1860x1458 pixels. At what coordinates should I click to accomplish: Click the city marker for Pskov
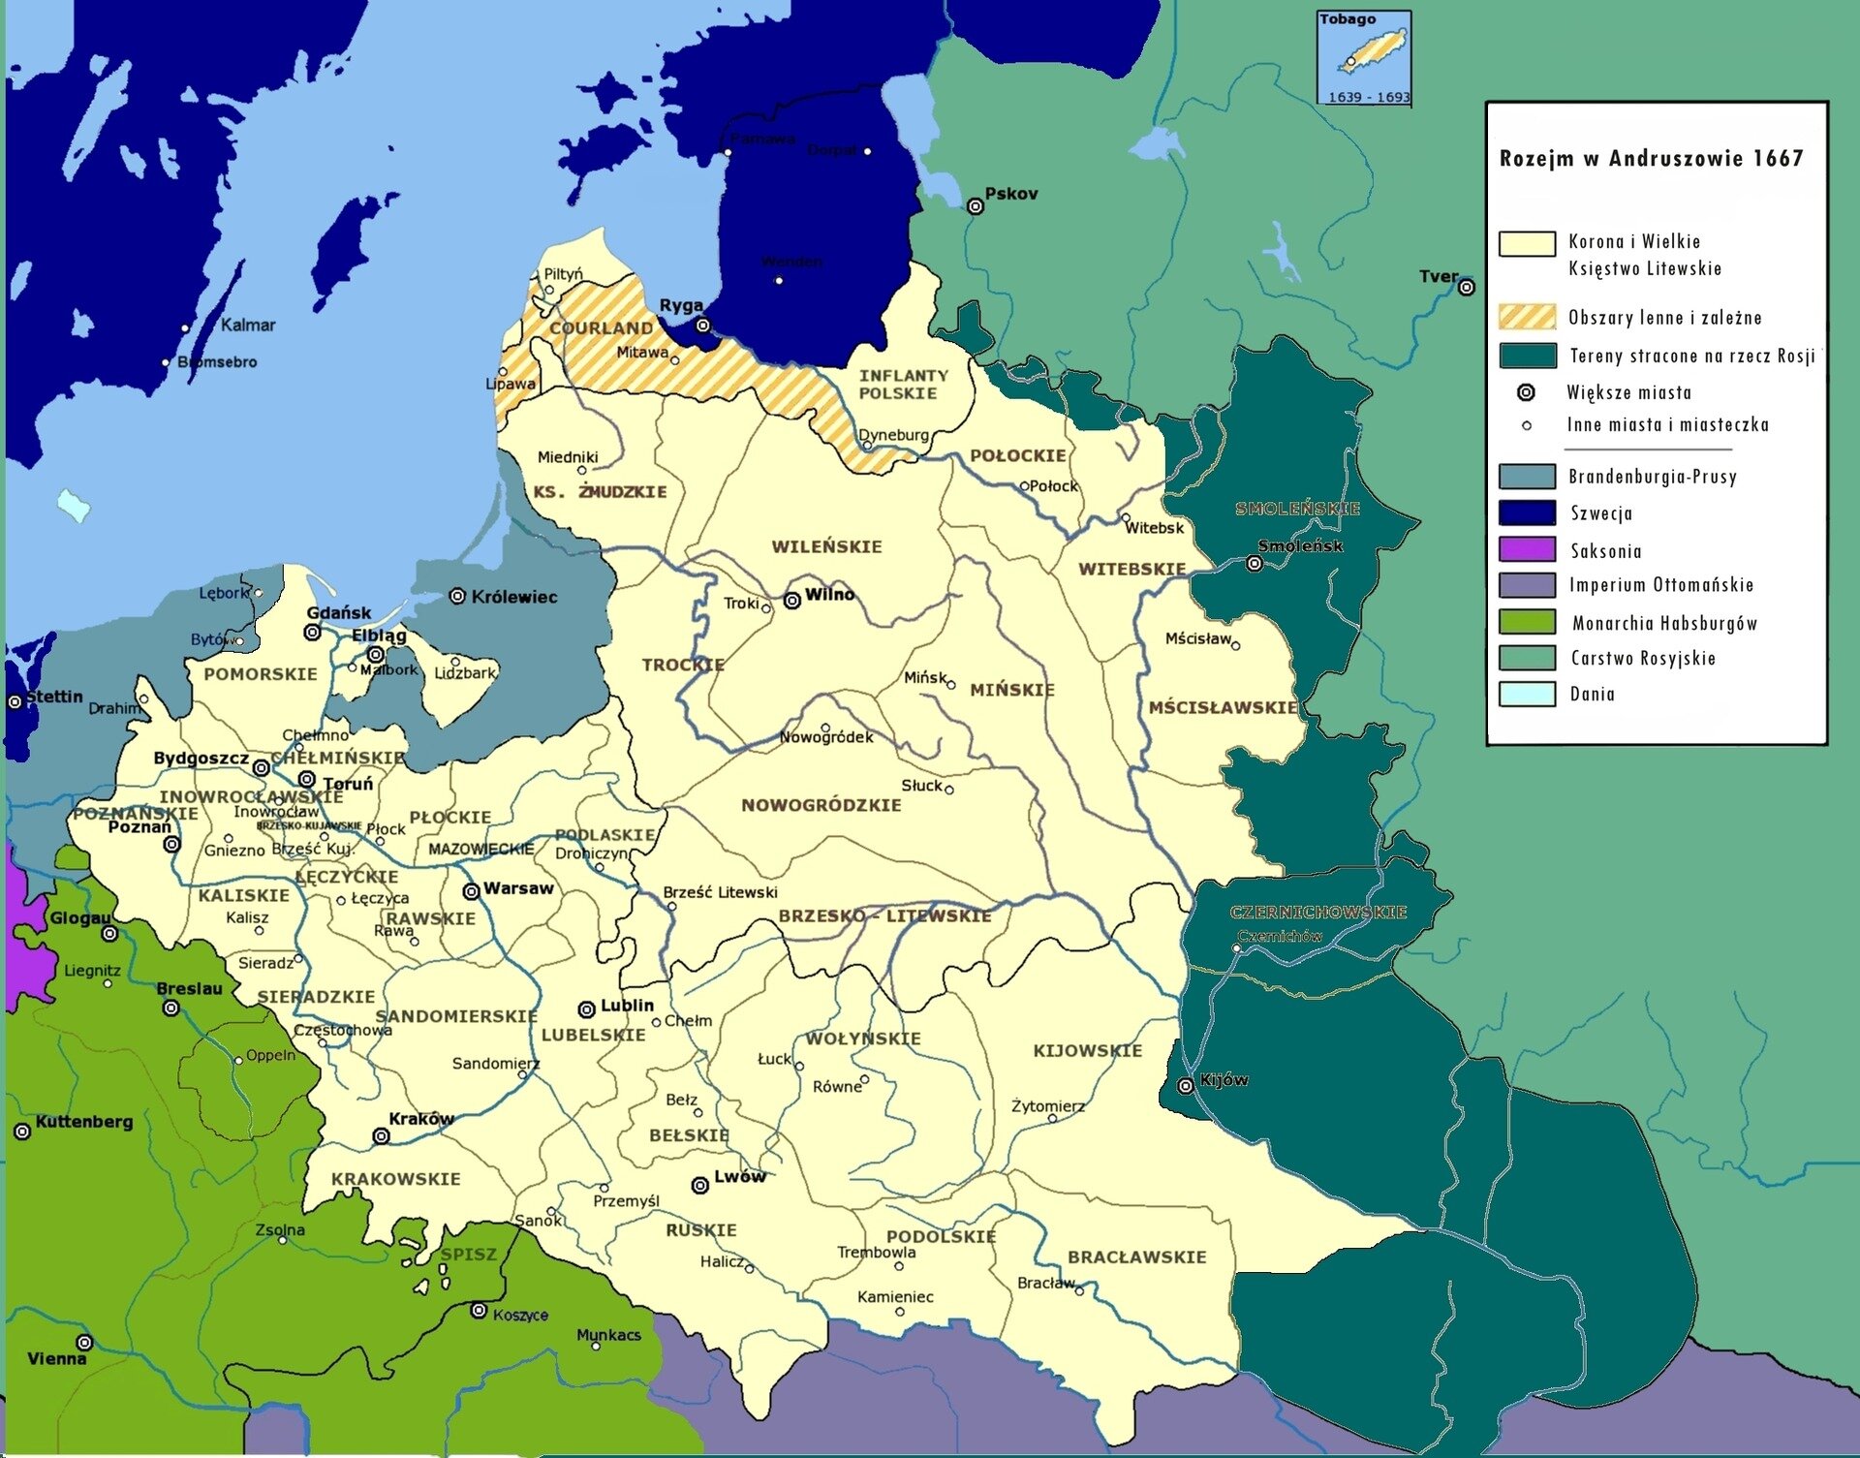point(976,206)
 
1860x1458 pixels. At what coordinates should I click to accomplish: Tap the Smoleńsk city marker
point(1255,564)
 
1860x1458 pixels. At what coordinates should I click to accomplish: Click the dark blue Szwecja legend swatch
point(1527,512)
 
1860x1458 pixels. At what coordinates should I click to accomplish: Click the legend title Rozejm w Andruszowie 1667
point(1651,159)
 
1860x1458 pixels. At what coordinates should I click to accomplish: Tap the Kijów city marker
point(1186,1086)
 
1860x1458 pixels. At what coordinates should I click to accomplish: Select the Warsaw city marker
point(471,891)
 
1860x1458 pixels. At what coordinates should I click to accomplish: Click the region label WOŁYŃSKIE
point(863,1039)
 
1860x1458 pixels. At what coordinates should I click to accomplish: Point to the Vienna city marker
point(85,1343)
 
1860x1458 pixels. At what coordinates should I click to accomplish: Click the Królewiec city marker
point(458,597)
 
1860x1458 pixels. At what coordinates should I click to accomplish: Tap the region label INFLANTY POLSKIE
point(903,384)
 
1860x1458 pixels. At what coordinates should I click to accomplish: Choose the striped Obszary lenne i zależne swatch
point(1527,317)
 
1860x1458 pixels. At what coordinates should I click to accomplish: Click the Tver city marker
point(1467,287)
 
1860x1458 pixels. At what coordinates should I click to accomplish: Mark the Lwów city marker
point(699,1185)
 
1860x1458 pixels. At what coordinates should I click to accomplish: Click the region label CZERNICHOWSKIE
point(1317,913)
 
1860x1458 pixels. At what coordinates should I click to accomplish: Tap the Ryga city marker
point(703,326)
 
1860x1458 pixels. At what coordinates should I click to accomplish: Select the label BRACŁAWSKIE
point(1136,1257)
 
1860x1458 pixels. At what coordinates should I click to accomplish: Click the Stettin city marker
point(15,701)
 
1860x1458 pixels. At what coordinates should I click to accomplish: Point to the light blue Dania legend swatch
point(1527,694)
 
